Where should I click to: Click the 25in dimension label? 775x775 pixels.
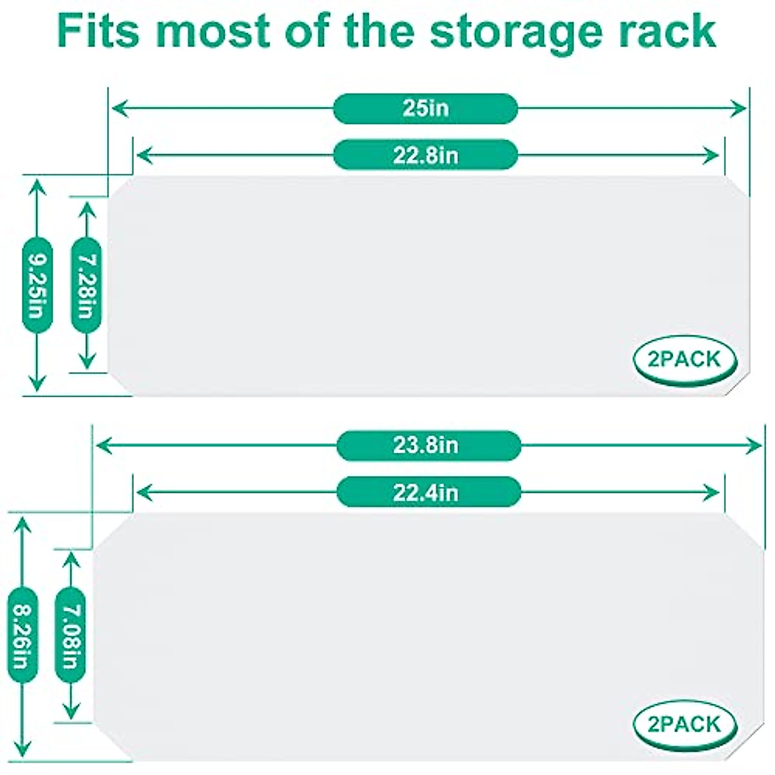tap(426, 108)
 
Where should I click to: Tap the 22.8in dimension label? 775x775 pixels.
tap(426, 155)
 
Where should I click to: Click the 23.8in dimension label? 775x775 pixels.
tap(428, 446)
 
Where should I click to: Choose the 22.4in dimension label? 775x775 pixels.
tap(428, 493)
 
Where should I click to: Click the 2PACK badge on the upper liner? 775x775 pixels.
tap(685, 359)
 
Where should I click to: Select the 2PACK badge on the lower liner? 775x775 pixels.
tap(685, 724)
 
